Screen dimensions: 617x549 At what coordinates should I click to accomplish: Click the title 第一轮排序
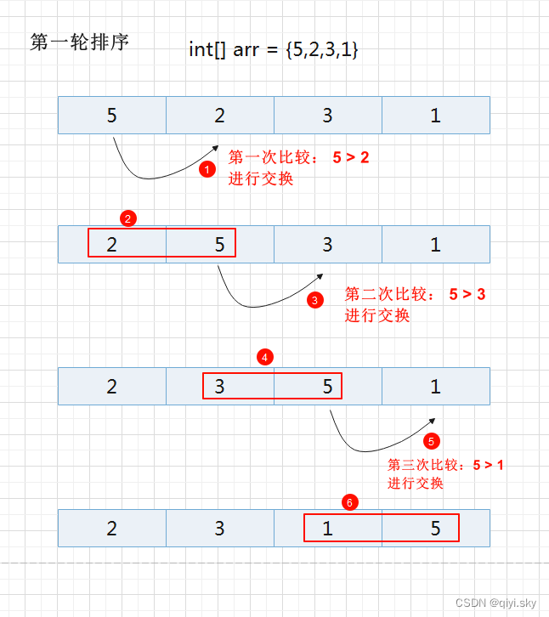click(x=79, y=42)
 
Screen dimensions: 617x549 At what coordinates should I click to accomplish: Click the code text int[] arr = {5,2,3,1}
click(x=273, y=49)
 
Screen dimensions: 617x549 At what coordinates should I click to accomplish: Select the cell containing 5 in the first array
click(x=112, y=116)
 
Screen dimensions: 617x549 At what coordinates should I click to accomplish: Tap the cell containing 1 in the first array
click(x=435, y=116)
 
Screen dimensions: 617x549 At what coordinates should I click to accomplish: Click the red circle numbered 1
click(x=207, y=169)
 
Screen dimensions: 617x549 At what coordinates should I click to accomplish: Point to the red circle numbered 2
click(x=127, y=218)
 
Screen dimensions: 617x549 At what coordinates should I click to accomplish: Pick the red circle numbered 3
click(x=315, y=299)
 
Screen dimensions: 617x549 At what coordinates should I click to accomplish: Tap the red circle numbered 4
click(x=266, y=358)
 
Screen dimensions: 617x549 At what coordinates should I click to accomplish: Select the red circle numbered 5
click(x=432, y=441)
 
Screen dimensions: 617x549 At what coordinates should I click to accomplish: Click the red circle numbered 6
click(x=349, y=501)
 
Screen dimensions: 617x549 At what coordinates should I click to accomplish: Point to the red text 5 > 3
click(x=467, y=294)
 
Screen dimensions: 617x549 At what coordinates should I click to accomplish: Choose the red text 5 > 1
click(x=488, y=465)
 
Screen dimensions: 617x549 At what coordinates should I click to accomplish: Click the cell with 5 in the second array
click(x=219, y=245)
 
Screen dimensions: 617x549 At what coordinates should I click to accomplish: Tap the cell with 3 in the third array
click(x=220, y=387)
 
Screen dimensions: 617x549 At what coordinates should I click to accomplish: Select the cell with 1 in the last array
click(x=328, y=529)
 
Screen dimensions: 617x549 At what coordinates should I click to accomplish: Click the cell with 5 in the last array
click(x=435, y=529)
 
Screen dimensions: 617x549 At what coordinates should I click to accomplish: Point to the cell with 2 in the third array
click(x=112, y=387)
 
